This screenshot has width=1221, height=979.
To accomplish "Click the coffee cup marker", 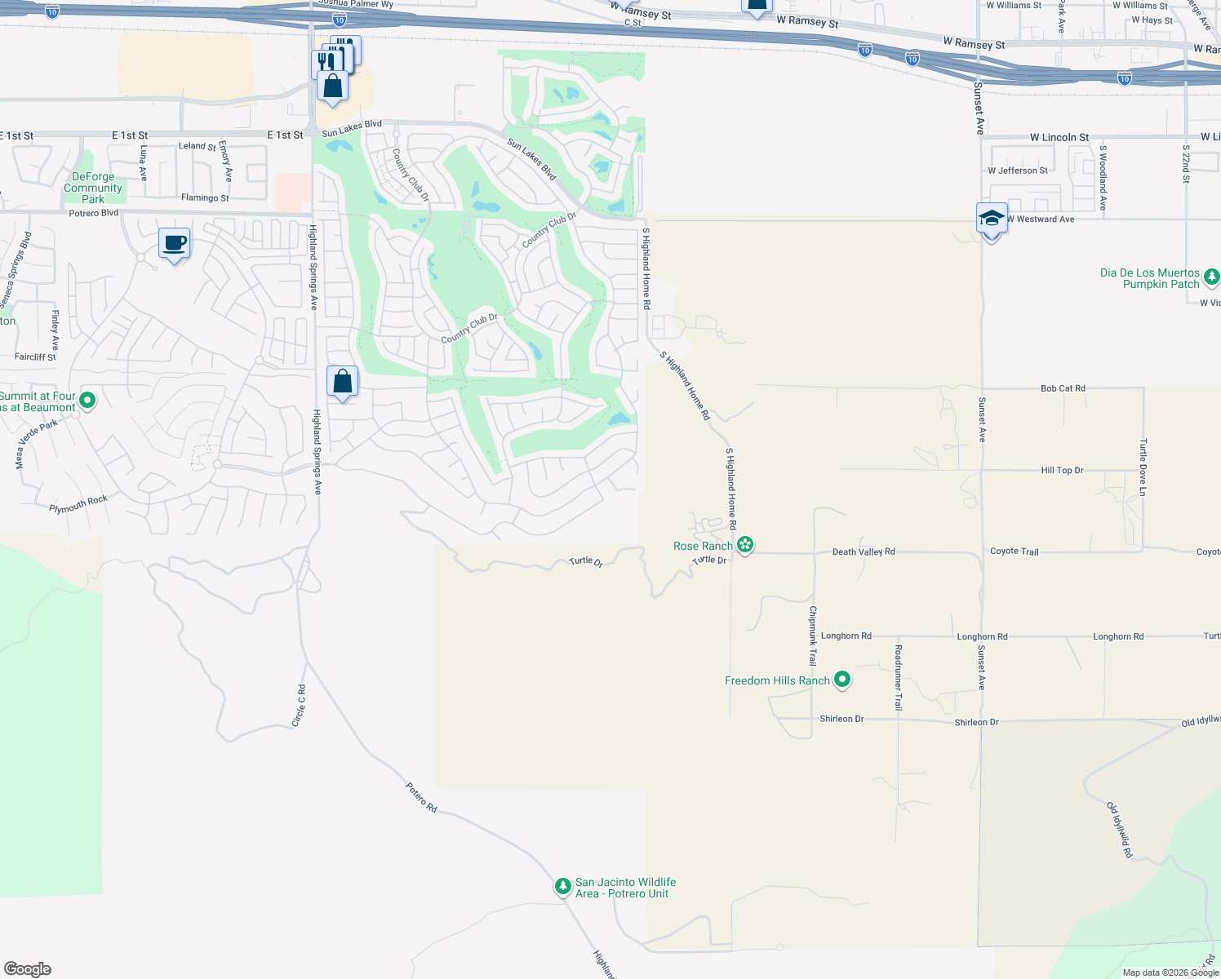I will click(x=175, y=243).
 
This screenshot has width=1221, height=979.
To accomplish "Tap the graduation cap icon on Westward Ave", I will click(x=992, y=219).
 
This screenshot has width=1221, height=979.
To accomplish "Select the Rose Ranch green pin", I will click(x=744, y=545).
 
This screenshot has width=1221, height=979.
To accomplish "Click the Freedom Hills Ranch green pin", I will click(x=842, y=680).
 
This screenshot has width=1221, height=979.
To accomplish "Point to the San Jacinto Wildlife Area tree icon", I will click(x=562, y=886).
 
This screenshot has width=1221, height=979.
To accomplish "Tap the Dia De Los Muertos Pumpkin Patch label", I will click(x=1149, y=278).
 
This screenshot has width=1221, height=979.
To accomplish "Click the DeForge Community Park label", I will click(x=93, y=188).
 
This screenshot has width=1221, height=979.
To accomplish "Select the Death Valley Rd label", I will click(x=864, y=552).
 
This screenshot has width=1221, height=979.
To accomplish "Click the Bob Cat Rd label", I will click(x=1063, y=388).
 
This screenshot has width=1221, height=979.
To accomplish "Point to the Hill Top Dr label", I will click(x=1062, y=470).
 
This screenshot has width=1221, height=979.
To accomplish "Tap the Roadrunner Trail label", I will click(x=899, y=677).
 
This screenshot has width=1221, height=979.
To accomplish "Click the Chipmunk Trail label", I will click(x=812, y=636).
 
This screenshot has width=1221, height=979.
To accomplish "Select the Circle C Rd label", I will click(x=300, y=706).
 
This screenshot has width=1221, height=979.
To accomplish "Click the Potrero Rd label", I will click(x=421, y=797).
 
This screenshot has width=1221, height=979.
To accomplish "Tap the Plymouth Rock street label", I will click(x=78, y=504).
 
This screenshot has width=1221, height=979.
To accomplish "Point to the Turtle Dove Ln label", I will click(x=1143, y=467).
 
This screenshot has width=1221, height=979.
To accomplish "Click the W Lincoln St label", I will click(x=1059, y=138).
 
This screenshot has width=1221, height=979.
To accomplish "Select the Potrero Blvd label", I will click(x=94, y=214).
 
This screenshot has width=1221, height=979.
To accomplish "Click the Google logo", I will click(x=28, y=968).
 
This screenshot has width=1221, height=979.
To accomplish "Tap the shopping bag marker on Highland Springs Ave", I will click(x=343, y=382).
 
